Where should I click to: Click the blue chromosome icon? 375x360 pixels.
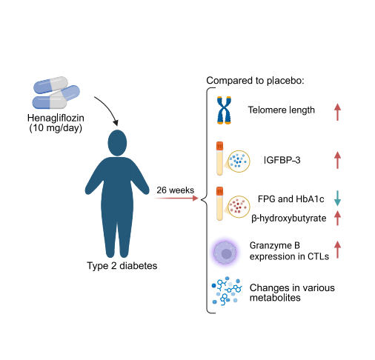pos(224,110)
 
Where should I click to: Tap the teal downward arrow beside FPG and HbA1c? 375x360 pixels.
pos(337,198)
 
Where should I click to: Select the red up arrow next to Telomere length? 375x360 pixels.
pos(337,112)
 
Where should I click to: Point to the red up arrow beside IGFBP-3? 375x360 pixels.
pos(337,160)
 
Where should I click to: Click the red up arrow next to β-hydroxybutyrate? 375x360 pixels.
pos(337,218)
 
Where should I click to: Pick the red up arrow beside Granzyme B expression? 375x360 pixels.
pos(337,250)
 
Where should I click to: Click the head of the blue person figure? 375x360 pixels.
pos(117,143)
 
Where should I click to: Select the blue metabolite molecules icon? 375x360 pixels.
pos(226,291)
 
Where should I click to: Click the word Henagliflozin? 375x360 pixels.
pos(56,118)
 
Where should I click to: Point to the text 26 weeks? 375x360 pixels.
pos(176,190)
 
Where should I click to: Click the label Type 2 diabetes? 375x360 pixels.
pos(122,266)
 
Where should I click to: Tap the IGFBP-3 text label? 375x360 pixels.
pos(282,160)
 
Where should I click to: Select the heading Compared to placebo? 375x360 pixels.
pos(255,81)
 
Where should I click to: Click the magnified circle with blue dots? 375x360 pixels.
pos(239,161)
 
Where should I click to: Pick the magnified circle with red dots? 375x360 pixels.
pos(239,207)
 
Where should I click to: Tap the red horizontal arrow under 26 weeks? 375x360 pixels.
pos(176,198)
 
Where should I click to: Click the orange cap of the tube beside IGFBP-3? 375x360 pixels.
pos(219,146)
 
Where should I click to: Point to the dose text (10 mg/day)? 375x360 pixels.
pos(56,128)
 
